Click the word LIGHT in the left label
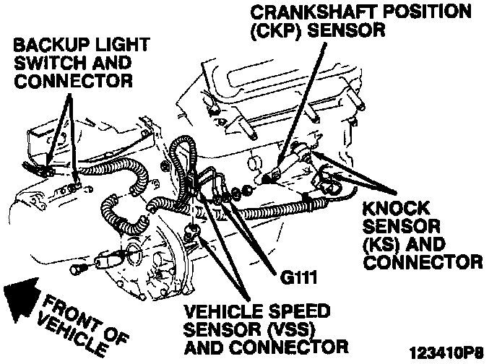(108, 45)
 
